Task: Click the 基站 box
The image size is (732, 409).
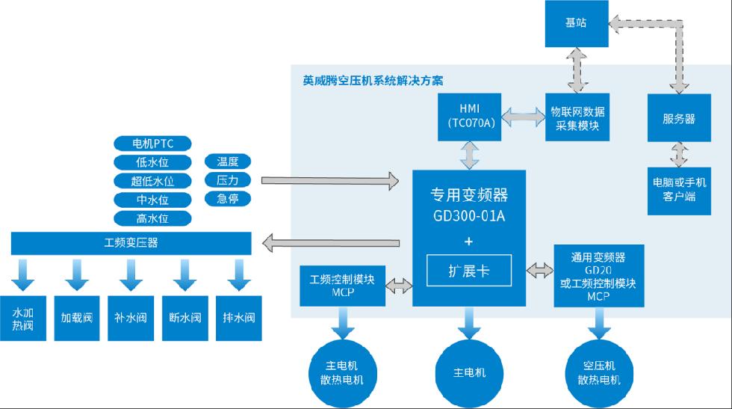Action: point(576,23)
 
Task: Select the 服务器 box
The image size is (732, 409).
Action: point(679,118)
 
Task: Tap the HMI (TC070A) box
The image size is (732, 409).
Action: point(470,117)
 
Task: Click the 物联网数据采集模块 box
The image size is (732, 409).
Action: point(577,118)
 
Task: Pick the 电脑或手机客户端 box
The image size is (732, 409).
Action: point(679,189)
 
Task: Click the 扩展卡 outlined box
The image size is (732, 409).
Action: point(469,270)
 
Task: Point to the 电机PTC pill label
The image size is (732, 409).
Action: point(152,143)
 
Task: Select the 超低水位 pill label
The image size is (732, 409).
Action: point(152,181)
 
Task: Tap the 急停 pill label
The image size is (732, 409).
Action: point(228,199)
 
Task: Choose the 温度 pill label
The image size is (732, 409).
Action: point(228,162)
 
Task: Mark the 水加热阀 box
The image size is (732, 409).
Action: point(23,318)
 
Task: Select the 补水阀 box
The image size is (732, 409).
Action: point(131,318)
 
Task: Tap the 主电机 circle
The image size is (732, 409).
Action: point(470,372)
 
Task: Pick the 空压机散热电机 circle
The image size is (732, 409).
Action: point(598,372)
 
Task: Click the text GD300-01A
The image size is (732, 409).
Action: point(469,217)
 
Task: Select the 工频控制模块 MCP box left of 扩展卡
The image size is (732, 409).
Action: point(342,285)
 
